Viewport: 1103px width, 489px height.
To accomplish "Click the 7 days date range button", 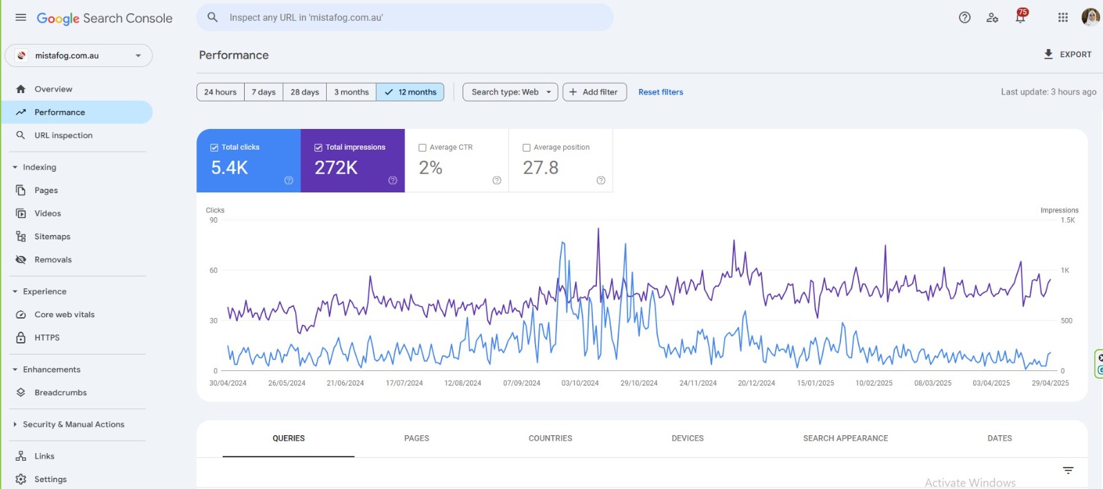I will tap(263, 92).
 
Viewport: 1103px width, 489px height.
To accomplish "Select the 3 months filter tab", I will tap(351, 92).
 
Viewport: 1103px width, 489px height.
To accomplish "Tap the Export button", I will tap(1067, 54).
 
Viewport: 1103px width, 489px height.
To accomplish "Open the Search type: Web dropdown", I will tap(510, 92).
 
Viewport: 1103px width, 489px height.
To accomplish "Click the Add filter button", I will tap(594, 92).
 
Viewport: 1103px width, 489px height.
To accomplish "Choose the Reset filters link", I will tap(660, 92).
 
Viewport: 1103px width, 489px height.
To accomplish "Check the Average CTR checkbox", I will tap(423, 148).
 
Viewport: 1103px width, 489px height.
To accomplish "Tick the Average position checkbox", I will tap(527, 148).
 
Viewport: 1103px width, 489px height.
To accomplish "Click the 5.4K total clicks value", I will tap(230, 168).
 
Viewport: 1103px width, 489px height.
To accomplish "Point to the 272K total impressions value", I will tap(336, 168).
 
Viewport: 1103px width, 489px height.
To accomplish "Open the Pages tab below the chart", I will tap(416, 439).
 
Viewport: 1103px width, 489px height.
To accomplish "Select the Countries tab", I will tap(550, 439).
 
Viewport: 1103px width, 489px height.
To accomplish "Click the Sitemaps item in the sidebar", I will tap(52, 237).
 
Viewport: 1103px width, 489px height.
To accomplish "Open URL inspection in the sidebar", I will tap(63, 136).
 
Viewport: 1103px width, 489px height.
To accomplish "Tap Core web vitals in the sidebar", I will tap(65, 315).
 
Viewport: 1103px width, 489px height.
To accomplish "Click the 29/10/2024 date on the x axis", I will tap(639, 383).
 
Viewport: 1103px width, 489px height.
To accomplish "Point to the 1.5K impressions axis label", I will tap(1068, 220).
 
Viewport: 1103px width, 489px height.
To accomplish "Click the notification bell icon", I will tap(1020, 18).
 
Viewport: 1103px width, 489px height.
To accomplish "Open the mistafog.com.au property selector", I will tap(79, 56).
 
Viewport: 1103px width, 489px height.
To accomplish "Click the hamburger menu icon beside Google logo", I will tap(21, 18).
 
